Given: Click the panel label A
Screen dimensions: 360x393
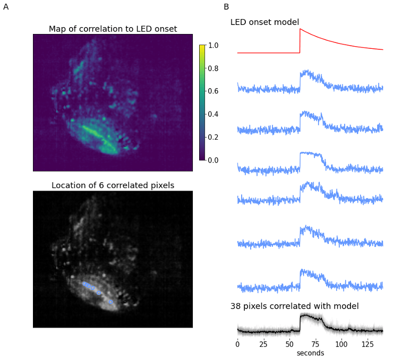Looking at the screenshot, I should pos(6,7).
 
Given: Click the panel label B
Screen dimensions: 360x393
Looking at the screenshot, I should pos(226,7).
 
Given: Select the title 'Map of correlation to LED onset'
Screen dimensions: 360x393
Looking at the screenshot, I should pos(113,29).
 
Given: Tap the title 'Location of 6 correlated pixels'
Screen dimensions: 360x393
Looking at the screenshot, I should pos(113,185).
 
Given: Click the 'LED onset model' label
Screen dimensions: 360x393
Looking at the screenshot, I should pos(264,22).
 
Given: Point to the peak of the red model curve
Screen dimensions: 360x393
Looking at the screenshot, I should pos(300,29).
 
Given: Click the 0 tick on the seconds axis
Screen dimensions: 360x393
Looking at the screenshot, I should pos(237,344).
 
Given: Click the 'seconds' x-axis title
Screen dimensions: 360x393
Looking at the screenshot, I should pos(310,353).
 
